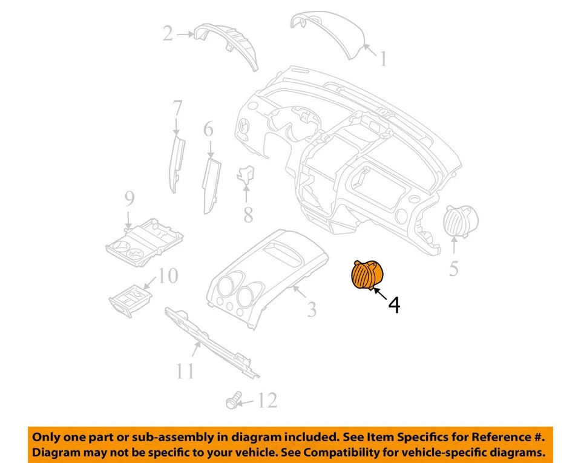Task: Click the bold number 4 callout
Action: coord(393,305)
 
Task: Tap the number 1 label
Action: coord(382,59)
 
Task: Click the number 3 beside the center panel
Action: coord(311,310)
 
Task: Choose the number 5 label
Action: coord(208,129)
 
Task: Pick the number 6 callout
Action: coord(177,109)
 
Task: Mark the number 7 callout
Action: coord(248,214)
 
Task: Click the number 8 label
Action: coord(129,198)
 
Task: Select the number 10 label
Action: coord(186,370)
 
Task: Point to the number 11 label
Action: coord(268,400)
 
